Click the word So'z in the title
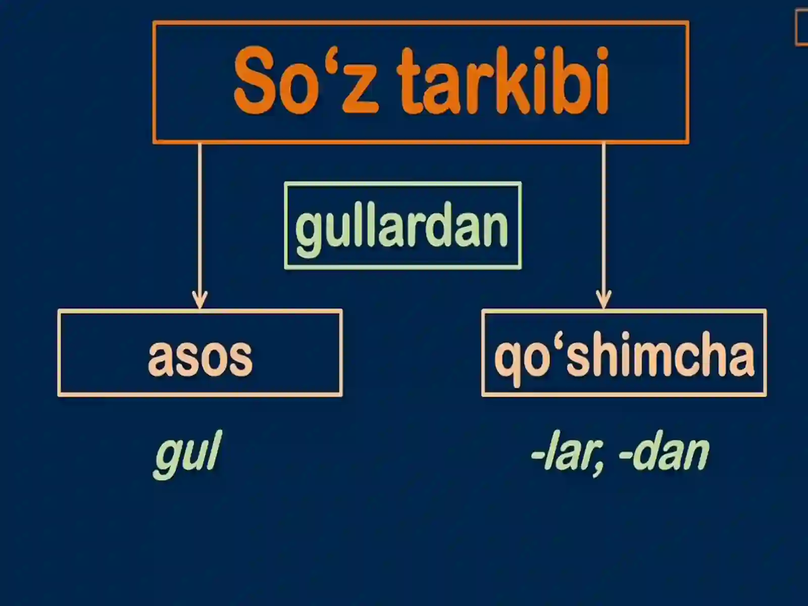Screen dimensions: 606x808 pyautogui.click(x=305, y=81)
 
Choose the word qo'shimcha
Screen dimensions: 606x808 pyautogui.click(x=624, y=356)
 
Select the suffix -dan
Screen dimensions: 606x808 pyautogui.click(x=664, y=451)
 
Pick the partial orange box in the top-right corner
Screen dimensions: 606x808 pyautogui.click(x=802, y=28)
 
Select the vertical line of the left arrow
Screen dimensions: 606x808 pyautogui.click(x=200, y=217)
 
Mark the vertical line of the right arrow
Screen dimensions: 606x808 pyautogui.click(x=603, y=217)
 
